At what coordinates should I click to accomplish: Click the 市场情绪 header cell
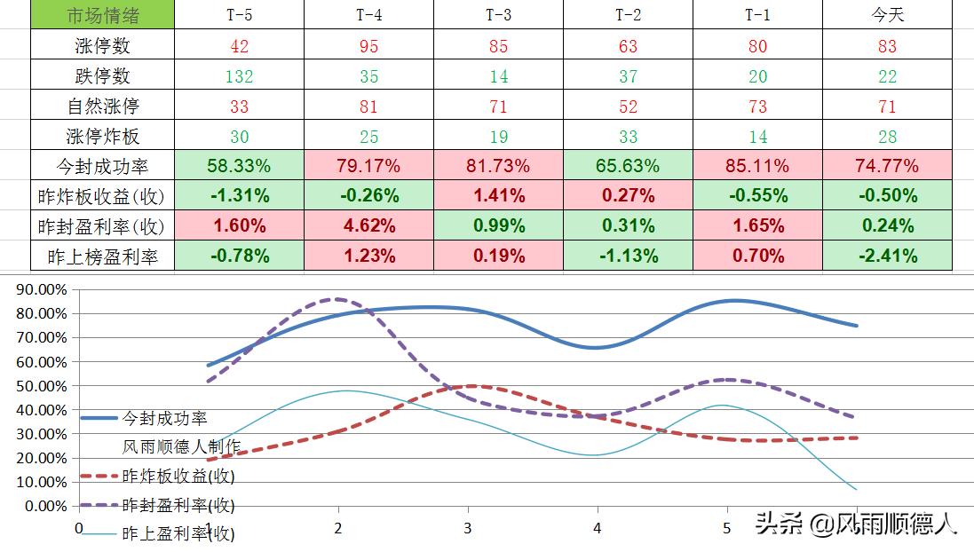pos(103,15)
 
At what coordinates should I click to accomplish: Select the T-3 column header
pos(499,15)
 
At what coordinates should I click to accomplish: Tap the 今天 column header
pos(887,15)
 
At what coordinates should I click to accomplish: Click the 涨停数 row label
pos(103,46)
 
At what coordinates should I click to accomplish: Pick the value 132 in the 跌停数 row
pos(239,76)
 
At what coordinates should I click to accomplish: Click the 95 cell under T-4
pos(369,46)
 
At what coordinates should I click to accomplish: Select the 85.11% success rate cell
pos(757,166)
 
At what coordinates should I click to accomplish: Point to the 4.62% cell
pos(369,226)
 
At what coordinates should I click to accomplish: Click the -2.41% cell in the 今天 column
pos(887,256)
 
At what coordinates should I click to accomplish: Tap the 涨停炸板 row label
pos(103,137)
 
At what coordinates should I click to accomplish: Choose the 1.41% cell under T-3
pos(499,196)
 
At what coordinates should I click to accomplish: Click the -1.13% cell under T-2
pos(629,256)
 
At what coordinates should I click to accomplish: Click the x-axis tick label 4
pos(598,528)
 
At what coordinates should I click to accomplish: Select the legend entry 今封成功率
pos(164,417)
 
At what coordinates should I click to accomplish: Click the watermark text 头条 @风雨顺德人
pos(857,524)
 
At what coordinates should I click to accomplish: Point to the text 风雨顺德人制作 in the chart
pos(181,446)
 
